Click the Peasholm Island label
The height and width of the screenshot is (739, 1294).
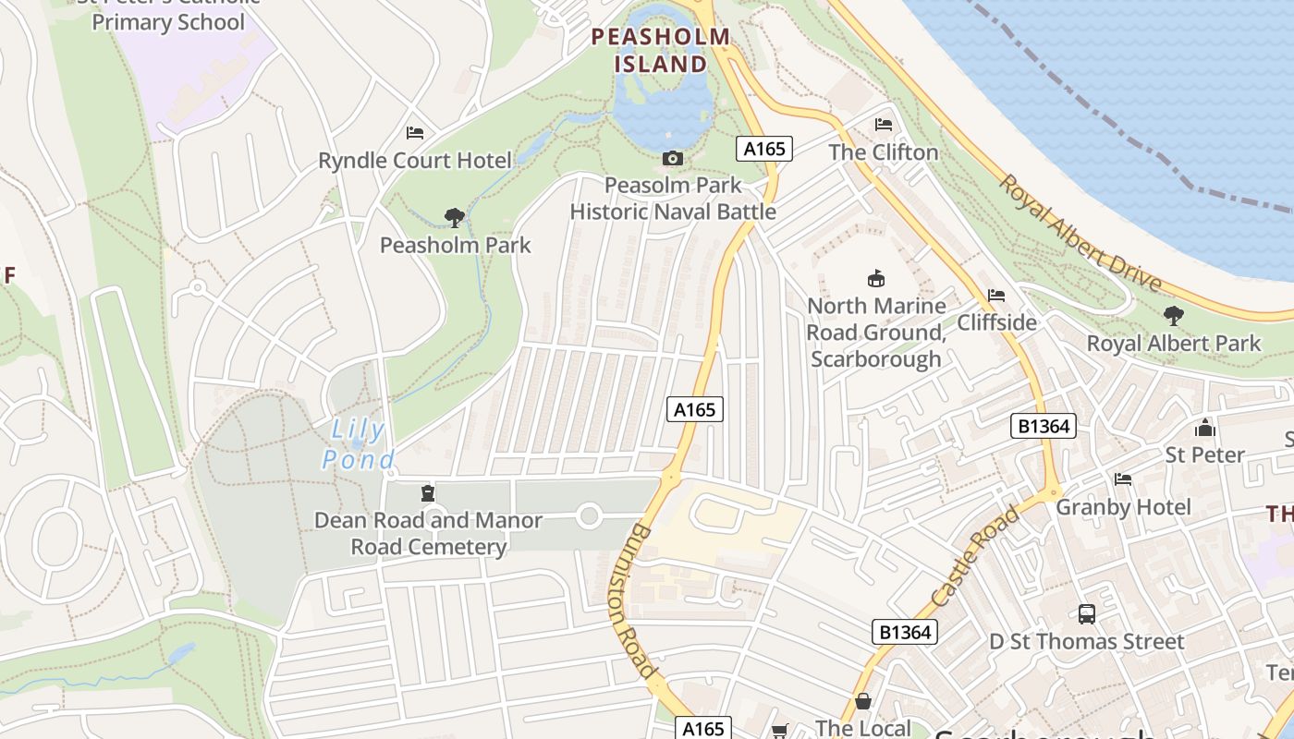pyautogui.click(x=661, y=50)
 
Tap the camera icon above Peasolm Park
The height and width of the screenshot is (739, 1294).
pyautogui.click(x=673, y=159)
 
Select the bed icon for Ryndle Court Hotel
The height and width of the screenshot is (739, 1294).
pyautogui.click(x=415, y=133)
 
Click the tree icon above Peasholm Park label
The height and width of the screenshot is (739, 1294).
pyautogui.click(x=454, y=218)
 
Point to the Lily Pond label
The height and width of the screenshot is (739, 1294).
pyautogui.click(x=359, y=444)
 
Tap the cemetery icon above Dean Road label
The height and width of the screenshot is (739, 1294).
pyautogui.click(x=427, y=493)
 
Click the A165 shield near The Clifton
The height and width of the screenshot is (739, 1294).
pyautogui.click(x=764, y=149)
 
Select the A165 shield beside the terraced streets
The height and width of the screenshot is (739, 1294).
pyautogui.click(x=694, y=409)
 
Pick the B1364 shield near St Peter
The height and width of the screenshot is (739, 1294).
pyautogui.click(x=1044, y=426)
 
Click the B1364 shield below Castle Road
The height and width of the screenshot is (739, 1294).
pyautogui.click(x=905, y=632)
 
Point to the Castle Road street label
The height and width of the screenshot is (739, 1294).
pyautogui.click(x=976, y=556)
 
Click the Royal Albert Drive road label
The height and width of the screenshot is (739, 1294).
pyautogui.click(x=1079, y=231)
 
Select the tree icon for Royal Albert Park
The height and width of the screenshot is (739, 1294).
pyautogui.click(x=1173, y=316)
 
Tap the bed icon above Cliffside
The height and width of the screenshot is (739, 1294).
pyautogui.click(x=996, y=296)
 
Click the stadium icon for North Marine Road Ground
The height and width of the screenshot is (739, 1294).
pyautogui.click(x=875, y=278)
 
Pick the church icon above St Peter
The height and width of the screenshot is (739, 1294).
pyautogui.click(x=1204, y=428)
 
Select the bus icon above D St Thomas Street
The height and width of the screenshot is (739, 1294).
pyautogui.click(x=1087, y=614)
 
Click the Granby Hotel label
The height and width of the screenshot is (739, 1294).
pyautogui.click(x=1123, y=507)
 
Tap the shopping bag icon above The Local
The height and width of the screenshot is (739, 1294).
pyautogui.click(x=863, y=702)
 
